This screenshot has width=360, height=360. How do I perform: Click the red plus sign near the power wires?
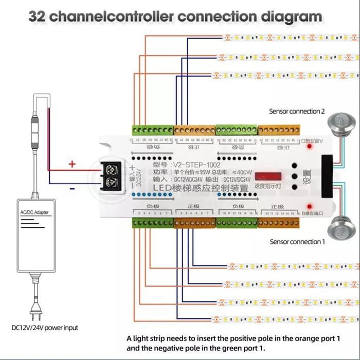pos(72,164)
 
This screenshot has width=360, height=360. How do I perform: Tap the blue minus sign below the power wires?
pos(72,188)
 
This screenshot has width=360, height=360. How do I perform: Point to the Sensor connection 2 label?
pos(297,111)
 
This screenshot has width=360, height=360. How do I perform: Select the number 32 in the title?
pos(38,15)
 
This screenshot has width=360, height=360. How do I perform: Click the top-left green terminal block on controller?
pos(153,131)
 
